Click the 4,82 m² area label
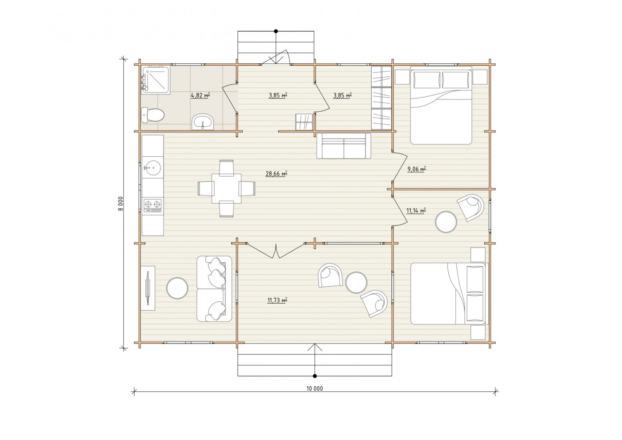pos(200,96)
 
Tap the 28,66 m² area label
pos(276,174)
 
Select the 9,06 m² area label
pos(416,169)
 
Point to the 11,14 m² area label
pos(416,211)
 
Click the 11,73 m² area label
pos(277,300)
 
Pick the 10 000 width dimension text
pos(314,389)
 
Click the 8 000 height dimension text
pos(121,204)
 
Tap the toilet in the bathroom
pos(152,115)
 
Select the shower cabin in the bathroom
pos(155,80)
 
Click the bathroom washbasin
pos(203,122)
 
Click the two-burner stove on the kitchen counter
pos(152,206)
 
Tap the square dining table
pos(226,189)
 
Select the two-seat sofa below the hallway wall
pos(344,146)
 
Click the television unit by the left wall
pos(148,288)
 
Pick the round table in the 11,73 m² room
pos(356,282)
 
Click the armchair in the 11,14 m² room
pos(471,208)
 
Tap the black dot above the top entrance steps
pos(276,31)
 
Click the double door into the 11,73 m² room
pos(276,251)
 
